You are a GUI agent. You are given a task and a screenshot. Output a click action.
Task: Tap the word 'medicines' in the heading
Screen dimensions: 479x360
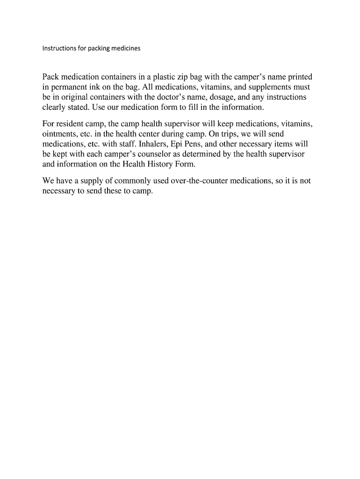(x=126, y=48)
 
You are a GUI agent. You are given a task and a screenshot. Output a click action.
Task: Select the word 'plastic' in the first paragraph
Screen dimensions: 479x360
(x=166, y=77)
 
